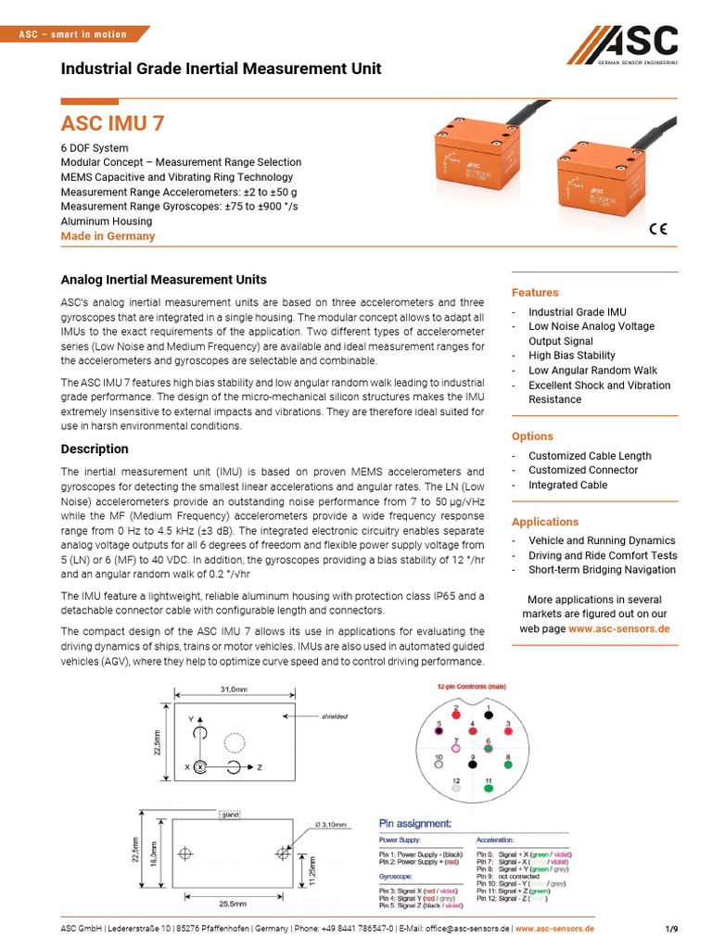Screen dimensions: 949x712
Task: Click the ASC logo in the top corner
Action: pyautogui.click(x=623, y=45)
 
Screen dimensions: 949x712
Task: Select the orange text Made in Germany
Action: pyautogui.click(x=108, y=236)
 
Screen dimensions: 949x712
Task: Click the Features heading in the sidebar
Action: pyautogui.click(x=535, y=293)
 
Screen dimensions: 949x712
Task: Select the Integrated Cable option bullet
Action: pyautogui.click(x=567, y=485)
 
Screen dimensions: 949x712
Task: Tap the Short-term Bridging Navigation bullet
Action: pyautogui.click(x=602, y=570)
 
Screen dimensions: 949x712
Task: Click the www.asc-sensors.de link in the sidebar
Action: pyautogui.click(x=618, y=628)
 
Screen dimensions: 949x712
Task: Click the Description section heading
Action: pyautogui.click(x=95, y=449)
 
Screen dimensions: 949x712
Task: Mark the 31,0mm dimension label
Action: pyautogui.click(x=234, y=689)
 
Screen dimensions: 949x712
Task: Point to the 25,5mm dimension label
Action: pyautogui.click(x=233, y=903)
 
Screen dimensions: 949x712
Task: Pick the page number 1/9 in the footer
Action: pyautogui.click(x=671, y=929)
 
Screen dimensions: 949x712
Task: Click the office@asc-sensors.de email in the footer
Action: pyautogui.click(x=455, y=929)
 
